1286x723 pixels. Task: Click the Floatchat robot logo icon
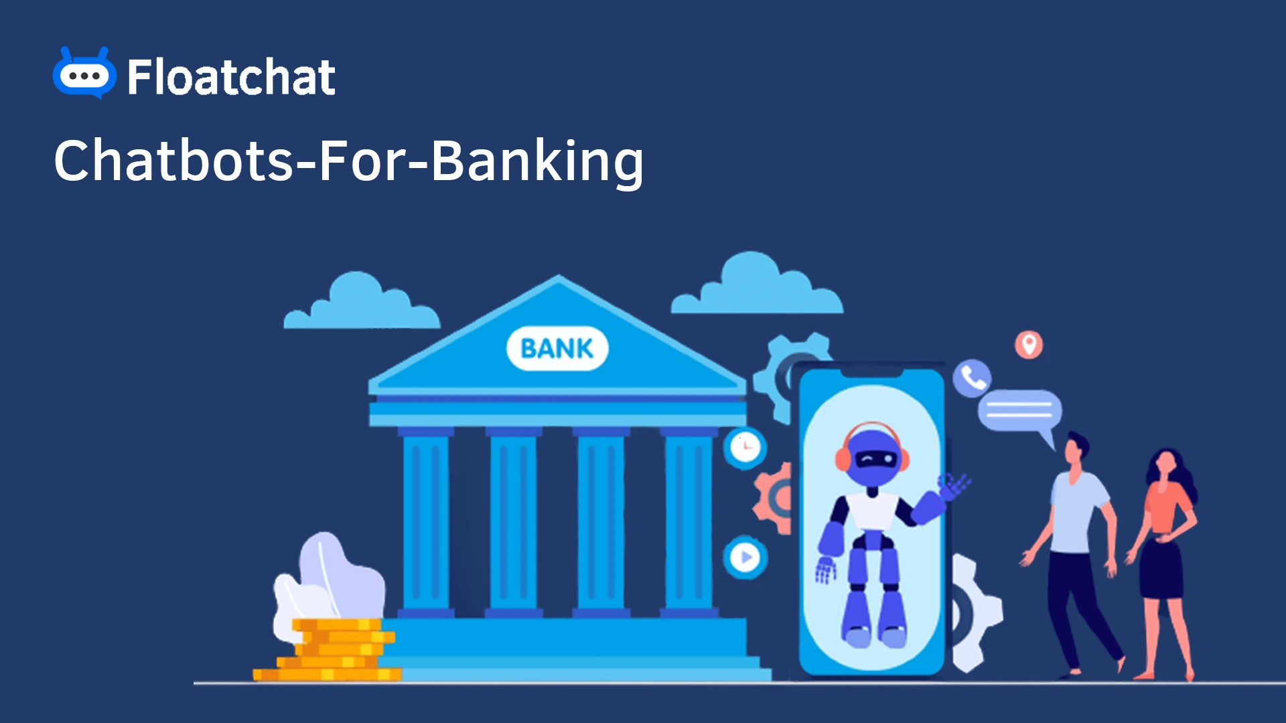(84, 74)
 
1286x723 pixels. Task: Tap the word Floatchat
(231, 77)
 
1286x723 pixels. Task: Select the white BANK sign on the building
(557, 348)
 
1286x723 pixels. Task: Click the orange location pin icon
(1029, 344)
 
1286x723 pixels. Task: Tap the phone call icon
(972, 378)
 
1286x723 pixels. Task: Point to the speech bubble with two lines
(1019, 410)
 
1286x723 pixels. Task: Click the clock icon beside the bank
(745, 447)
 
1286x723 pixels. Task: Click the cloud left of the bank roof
(362, 305)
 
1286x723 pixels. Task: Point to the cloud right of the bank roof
(757, 288)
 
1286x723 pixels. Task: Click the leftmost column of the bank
(426, 522)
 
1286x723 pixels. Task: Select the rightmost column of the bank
(688, 522)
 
